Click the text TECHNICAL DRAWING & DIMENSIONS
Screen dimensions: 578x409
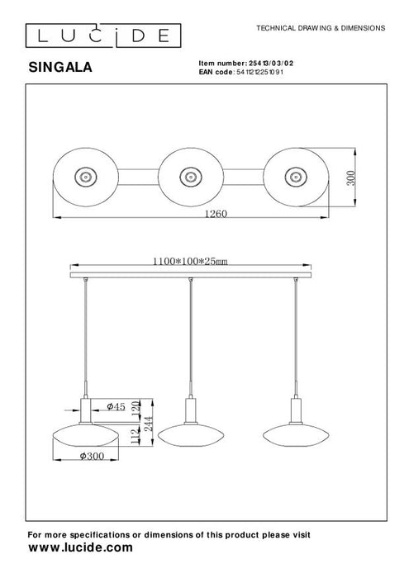(x=321, y=27)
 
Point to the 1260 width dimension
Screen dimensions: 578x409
(x=215, y=213)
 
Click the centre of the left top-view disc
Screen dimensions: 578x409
(x=84, y=175)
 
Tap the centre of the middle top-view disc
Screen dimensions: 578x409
(x=188, y=175)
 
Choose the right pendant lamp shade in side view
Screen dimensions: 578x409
(x=295, y=433)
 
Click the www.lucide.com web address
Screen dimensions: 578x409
(x=80, y=547)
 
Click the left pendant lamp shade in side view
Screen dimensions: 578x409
(x=86, y=433)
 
